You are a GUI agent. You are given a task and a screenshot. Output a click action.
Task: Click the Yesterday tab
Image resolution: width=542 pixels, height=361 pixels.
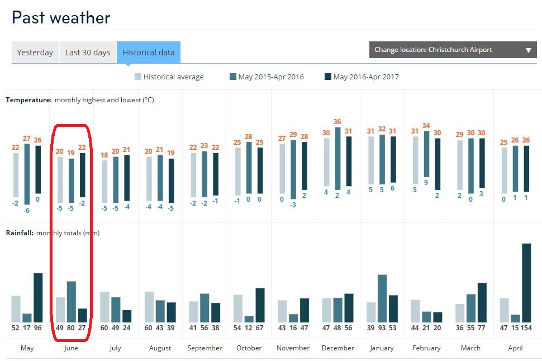(x=35, y=53)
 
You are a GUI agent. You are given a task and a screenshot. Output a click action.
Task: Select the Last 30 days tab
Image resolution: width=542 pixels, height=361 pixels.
(x=88, y=53)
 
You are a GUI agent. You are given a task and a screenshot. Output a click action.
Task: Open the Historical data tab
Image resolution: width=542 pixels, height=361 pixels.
(x=149, y=53)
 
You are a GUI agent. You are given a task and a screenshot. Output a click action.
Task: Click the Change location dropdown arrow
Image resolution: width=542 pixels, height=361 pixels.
(x=528, y=50)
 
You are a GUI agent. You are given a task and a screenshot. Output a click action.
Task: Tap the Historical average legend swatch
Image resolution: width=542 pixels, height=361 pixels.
(x=137, y=77)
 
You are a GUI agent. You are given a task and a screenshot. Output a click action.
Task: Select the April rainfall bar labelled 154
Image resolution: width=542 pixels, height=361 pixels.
(x=526, y=283)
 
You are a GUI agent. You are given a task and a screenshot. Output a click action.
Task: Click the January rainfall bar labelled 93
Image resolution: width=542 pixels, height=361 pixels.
(x=382, y=298)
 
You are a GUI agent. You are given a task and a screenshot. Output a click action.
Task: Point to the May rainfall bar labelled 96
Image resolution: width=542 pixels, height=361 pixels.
(x=38, y=297)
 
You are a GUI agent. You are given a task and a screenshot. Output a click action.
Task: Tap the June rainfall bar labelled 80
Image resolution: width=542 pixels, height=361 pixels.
(x=72, y=301)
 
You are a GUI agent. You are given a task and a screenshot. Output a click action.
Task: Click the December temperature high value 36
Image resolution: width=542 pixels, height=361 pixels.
(x=337, y=122)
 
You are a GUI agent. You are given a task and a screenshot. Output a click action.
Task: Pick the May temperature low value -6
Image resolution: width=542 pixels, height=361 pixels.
(x=27, y=210)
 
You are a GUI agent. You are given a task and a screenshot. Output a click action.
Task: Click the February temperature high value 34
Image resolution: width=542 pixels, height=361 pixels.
(x=426, y=126)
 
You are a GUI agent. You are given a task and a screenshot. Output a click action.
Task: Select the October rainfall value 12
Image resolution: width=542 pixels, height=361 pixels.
(x=249, y=328)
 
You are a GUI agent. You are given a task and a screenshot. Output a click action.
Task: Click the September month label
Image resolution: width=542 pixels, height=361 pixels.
(x=205, y=348)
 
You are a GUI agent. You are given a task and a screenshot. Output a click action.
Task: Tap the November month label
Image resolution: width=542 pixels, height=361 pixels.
(x=293, y=348)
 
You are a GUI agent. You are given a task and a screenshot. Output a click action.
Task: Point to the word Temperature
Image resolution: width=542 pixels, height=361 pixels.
(x=28, y=100)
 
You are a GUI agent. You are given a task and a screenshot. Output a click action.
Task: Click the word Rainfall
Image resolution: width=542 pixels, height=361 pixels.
(x=20, y=233)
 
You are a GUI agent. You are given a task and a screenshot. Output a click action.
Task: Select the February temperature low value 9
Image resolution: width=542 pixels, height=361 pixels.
(x=426, y=182)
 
